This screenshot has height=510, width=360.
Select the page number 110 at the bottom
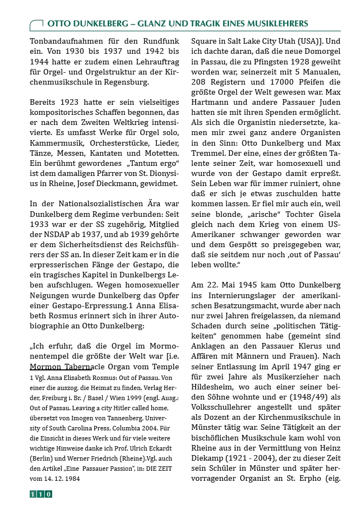coord(41,494)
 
